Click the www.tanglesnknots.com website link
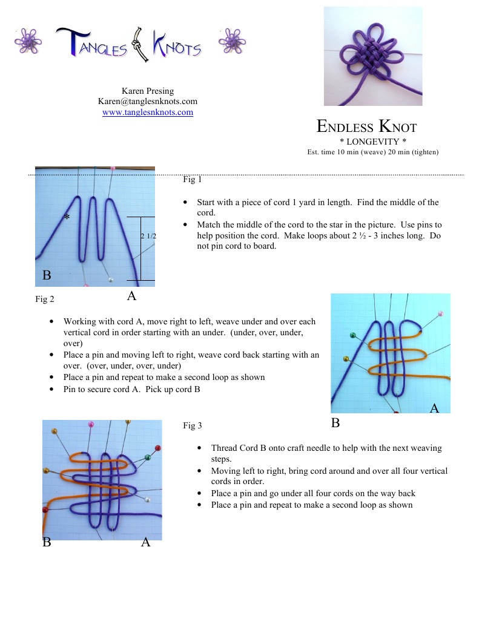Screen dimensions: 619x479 click(x=148, y=113)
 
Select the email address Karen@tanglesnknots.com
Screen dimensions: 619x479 click(x=148, y=102)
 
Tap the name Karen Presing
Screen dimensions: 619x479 click(x=148, y=91)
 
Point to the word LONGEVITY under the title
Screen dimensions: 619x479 click(x=372, y=141)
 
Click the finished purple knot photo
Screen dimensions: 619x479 click(x=372, y=56)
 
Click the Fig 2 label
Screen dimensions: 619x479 click(x=45, y=298)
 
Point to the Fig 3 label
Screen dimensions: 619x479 click(x=192, y=425)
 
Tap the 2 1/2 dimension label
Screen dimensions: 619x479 click(x=148, y=236)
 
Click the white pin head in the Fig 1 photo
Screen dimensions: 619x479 click(x=111, y=280)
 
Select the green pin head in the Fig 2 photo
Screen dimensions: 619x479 click(x=353, y=335)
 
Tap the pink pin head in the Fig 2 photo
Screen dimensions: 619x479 click(x=440, y=314)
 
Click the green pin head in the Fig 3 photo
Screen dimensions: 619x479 click(x=147, y=456)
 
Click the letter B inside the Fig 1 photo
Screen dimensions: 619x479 click(x=47, y=275)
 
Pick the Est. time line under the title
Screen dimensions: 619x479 click(x=372, y=152)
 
